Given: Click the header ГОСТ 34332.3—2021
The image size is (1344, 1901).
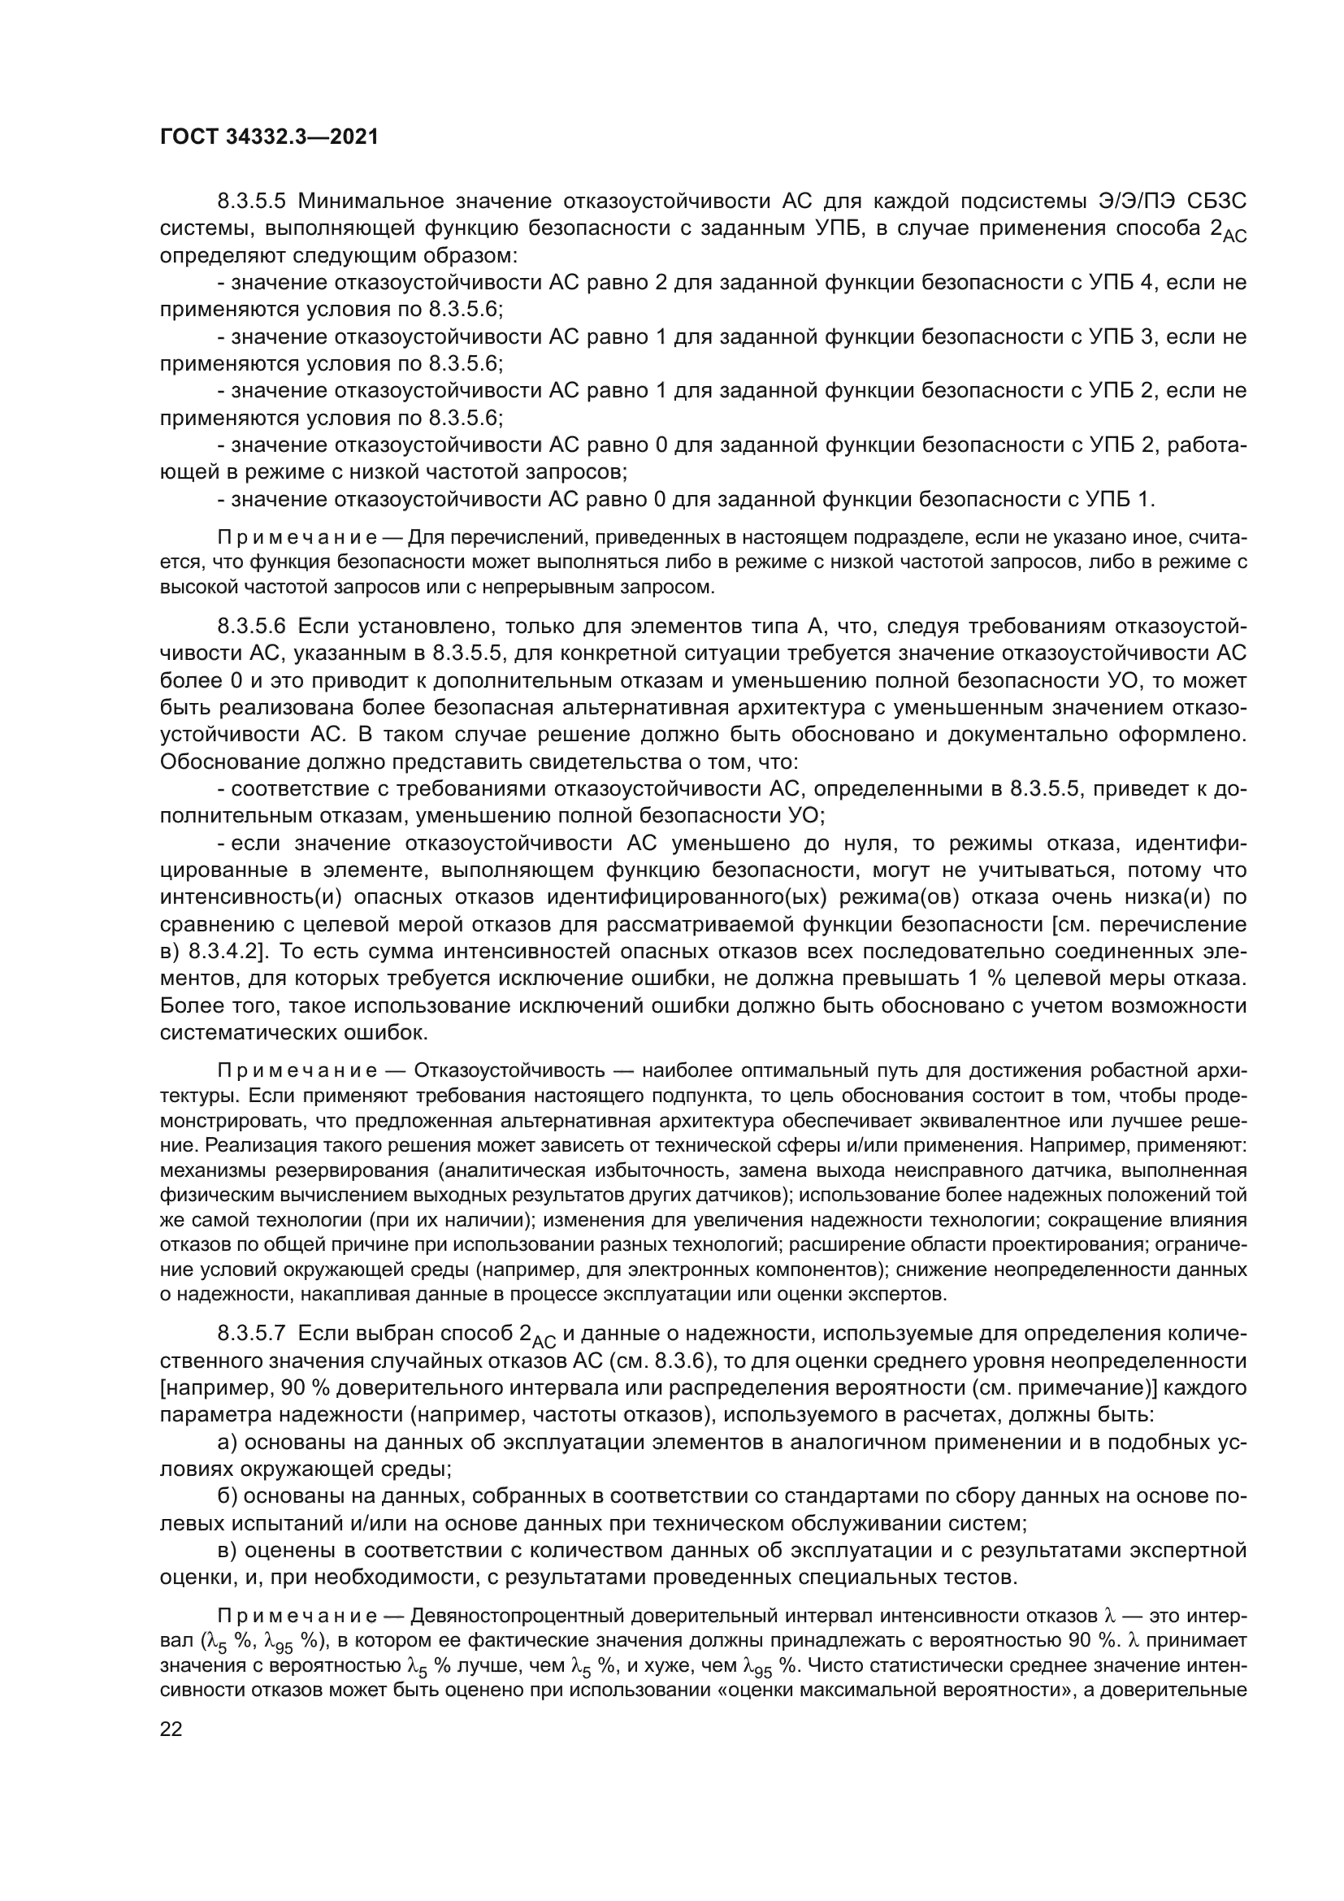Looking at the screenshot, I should (269, 137).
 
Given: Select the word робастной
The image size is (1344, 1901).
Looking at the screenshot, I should (1133, 1070).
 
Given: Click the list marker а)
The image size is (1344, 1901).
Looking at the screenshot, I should (228, 1443).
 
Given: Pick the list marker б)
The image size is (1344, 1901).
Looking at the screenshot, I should (228, 1497).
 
